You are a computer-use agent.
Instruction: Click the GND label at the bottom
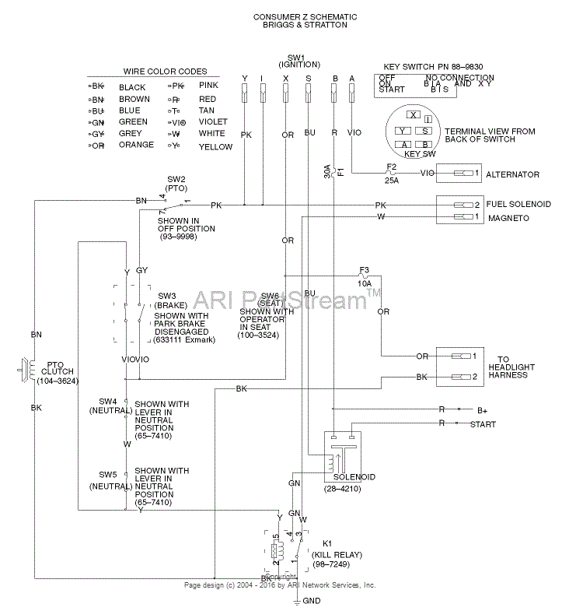(311, 600)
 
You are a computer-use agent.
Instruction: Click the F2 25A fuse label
(392, 174)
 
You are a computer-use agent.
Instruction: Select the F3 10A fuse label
(365, 277)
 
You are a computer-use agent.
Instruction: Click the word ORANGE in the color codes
(136, 145)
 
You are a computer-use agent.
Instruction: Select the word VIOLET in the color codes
(213, 121)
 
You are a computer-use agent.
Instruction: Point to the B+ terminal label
(483, 409)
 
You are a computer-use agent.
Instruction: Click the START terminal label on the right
(483, 424)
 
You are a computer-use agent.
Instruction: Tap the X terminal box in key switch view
(414, 115)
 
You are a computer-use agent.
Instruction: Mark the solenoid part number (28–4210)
(340, 487)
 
